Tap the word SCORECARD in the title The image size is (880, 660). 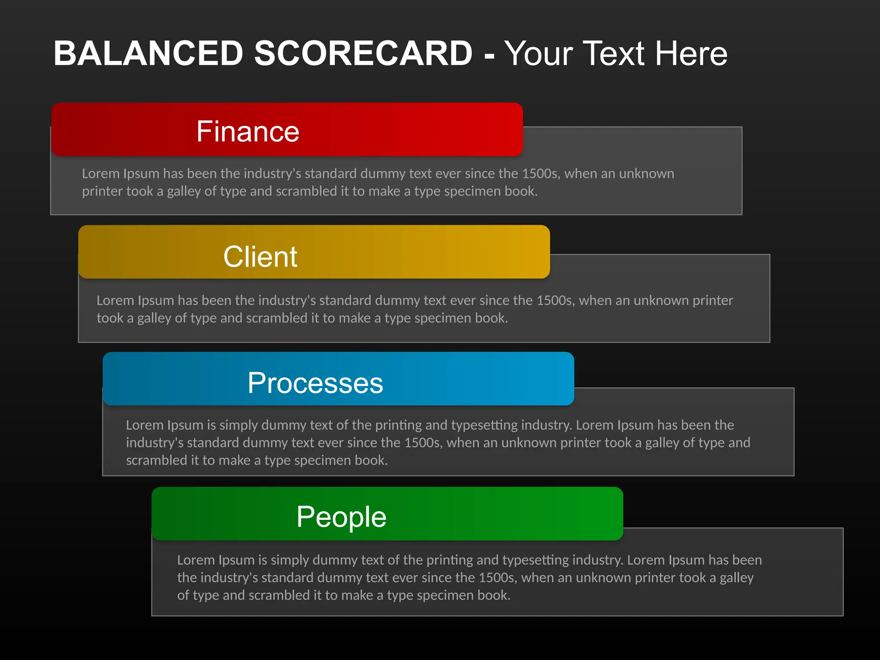[363, 53]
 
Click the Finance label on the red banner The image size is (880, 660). [247, 131]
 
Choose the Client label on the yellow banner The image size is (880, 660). [260, 257]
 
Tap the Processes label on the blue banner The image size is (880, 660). [315, 383]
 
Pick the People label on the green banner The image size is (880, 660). [341, 516]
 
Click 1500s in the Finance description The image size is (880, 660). [541, 174]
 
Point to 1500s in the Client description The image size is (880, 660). [555, 300]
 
